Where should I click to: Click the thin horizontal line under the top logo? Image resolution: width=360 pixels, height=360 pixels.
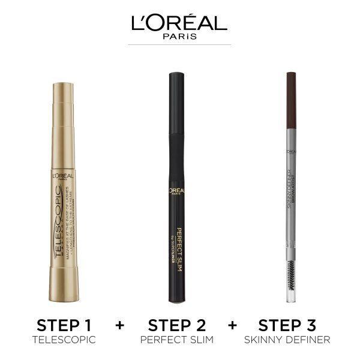point(179,44)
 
